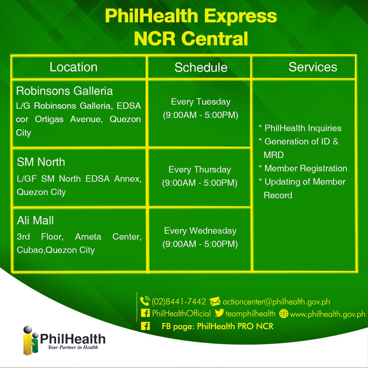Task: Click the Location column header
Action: click(74, 67)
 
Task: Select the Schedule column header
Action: click(201, 67)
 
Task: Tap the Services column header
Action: click(313, 67)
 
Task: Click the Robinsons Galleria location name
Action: click(64, 91)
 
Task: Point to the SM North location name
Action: click(41, 162)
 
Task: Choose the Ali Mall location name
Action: click(35, 220)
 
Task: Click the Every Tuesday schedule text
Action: click(201, 102)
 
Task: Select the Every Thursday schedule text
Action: click(200, 170)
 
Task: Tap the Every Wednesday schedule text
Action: click(200, 231)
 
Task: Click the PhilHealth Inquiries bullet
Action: click(303, 128)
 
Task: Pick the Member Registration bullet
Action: click(305, 168)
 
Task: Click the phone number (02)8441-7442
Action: click(179, 302)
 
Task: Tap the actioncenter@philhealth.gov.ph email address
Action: click(276, 302)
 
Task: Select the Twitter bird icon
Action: click(219, 313)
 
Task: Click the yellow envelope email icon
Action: click(215, 302)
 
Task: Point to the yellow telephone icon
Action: click(144, 301)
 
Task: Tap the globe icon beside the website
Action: click(284, 314)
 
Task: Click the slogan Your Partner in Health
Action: click(73, 347)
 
